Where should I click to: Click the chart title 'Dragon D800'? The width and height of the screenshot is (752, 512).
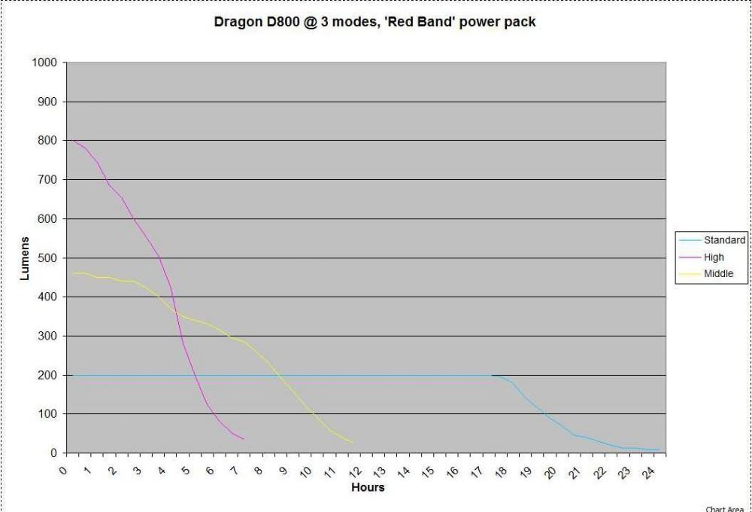375,22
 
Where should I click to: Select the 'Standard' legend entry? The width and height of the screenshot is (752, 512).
724,240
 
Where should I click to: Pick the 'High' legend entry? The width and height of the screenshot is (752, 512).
714,257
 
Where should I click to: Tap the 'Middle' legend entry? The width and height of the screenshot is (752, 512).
717,274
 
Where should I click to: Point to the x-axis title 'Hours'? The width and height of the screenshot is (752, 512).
368,487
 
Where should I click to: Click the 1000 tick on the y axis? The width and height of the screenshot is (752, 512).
44,62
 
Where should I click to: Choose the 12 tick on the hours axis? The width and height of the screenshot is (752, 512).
355,472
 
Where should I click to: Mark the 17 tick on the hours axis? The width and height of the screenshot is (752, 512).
477,472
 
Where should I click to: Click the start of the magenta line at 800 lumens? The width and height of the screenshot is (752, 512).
73,141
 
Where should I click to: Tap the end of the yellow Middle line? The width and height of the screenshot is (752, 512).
353,443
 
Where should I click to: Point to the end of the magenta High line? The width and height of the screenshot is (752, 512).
243,439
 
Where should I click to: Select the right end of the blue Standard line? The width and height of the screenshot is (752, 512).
660,450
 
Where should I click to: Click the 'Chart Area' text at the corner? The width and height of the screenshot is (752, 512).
724,509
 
